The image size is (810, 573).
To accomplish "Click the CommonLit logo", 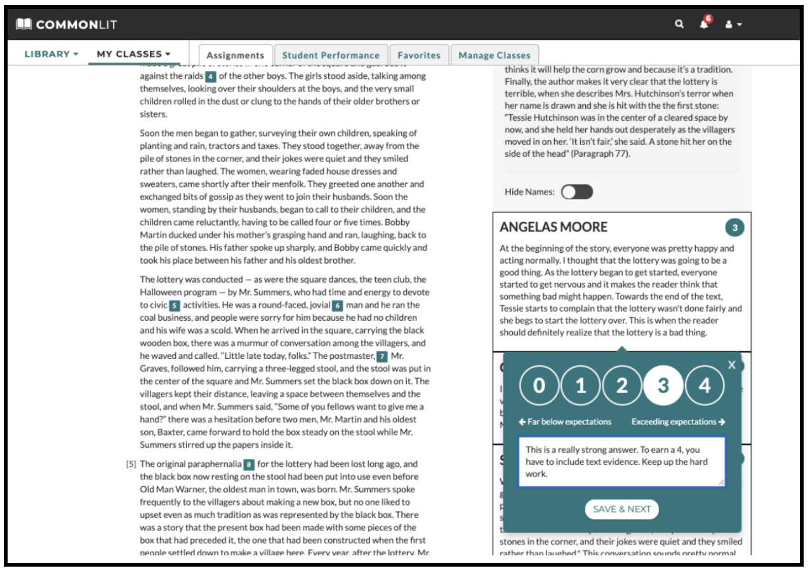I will click(x=67, y=25).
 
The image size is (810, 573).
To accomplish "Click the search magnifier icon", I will click(x=679, y=24).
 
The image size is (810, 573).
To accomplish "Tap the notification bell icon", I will click(x=704, y=24).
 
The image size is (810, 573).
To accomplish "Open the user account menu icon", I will click(x=733, y=24).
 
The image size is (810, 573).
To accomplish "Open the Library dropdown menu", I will click(x=51, y=54).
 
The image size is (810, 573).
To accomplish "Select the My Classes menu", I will click(x=133, y=54).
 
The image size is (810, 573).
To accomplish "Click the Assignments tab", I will click(x=236, y=55).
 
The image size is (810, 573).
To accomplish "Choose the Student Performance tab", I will click(x=331, y=55).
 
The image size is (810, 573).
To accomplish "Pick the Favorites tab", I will click(x=419, y=55).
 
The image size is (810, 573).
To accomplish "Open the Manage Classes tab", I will click(x=495, y=55).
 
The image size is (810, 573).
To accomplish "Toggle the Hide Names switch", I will click(x=577, y=192).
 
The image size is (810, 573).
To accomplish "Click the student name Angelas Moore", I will click(x=554, y=227).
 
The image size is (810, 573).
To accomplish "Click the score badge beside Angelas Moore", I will click(x=734, y=227).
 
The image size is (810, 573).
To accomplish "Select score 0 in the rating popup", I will click(x=539, y=386).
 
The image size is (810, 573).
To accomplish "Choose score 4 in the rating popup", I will click(x=705, y=386).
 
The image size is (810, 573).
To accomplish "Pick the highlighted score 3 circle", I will click(x=663, y=386).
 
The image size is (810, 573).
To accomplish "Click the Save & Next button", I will click(x=621, y=509).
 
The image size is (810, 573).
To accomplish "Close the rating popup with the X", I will click(x=732, y=365).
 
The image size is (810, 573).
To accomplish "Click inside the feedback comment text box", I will click(x=621, y=462).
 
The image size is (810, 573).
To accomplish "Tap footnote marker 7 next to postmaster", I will click(x=382, y=356).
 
